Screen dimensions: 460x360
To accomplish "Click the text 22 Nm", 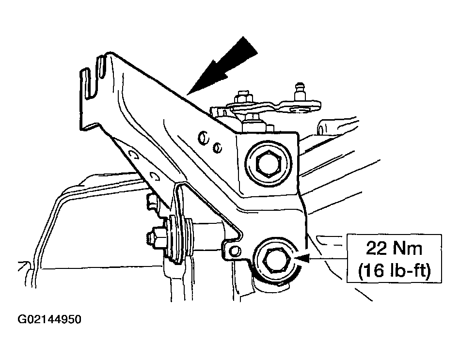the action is pos(394,249).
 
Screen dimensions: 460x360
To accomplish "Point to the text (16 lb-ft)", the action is pos(394,270).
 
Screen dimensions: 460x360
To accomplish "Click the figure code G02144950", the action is pos(49,319).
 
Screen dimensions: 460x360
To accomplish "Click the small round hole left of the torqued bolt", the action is pos(235,251).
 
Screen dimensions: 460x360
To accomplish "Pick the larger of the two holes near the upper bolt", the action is pos(203,138).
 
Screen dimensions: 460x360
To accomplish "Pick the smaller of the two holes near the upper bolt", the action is pos(217,148).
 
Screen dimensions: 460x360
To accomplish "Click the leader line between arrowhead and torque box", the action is pos(328,258).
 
